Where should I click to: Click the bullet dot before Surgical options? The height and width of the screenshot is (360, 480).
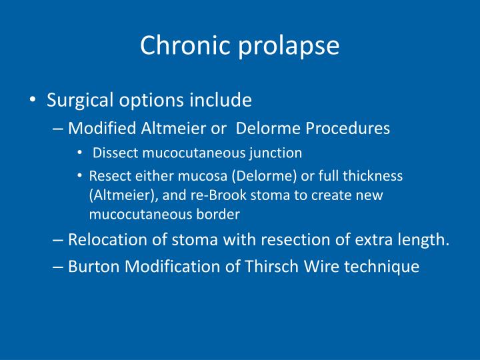pos(33,101)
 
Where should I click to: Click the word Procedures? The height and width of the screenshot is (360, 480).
pos(348,128)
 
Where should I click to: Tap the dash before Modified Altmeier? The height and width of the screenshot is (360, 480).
pos(57,129)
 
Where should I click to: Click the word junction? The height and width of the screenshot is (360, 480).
pos(277,153)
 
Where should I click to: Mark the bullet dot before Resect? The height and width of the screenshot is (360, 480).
pos(79,176)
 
